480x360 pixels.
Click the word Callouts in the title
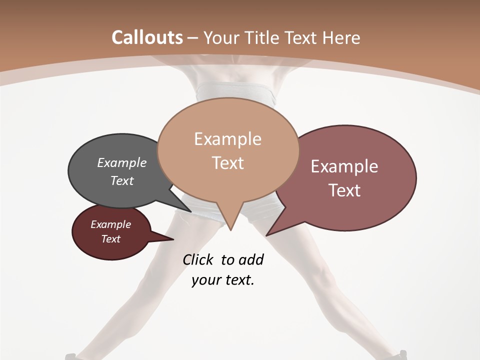[147, 37]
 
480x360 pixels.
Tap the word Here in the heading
[341, 37]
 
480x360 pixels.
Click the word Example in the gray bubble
[121, 162]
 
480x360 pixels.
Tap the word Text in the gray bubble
[121, 180]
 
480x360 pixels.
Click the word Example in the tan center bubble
[227, 139]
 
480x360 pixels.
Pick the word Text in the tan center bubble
[227, 163]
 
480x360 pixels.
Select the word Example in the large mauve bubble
[344, 166]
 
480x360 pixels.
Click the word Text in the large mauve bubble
[344, 190]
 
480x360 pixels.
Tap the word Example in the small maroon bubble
[110, 224]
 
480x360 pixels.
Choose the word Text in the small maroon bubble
[110, 239]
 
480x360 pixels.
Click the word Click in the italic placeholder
[198, 259]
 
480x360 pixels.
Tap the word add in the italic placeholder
[250, 259]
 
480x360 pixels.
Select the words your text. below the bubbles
[223, 280]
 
